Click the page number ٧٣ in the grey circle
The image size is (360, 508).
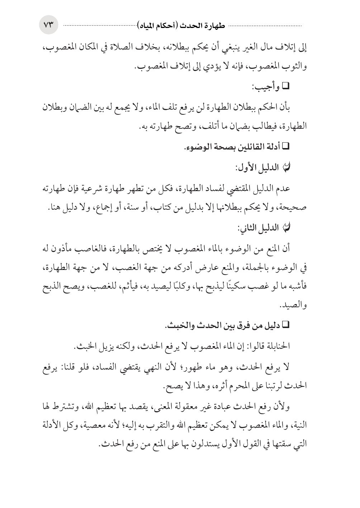(x=48, y=25)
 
